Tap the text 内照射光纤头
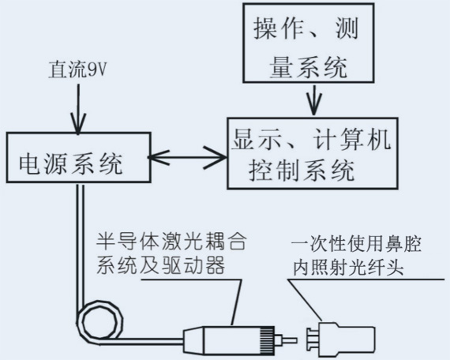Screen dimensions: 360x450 [336, 267]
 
